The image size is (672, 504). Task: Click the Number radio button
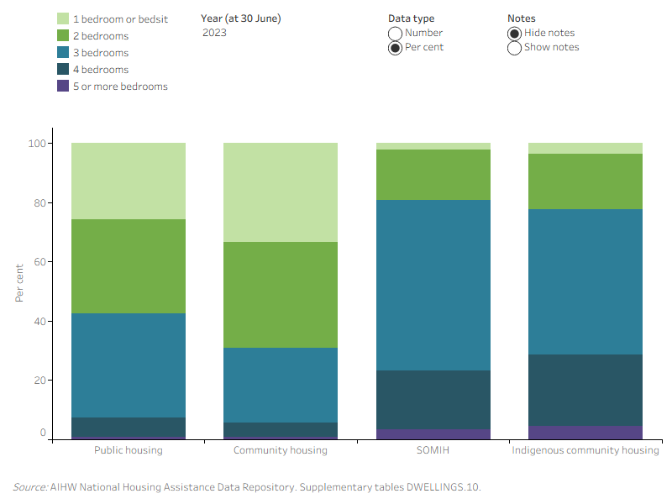point(395,34)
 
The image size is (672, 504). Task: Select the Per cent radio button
point(395,48)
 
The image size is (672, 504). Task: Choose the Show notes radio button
point(514,48)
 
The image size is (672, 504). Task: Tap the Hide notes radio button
point(514,34)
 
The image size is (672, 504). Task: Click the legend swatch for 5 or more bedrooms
point(63,86)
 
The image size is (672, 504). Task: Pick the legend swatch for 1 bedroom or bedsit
point(63,18)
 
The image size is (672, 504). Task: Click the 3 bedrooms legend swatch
point(63,52)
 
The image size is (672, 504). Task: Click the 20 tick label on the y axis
point(39,381)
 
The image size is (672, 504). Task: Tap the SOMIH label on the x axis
point(433,450)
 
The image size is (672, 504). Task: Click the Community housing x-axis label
point(281,450)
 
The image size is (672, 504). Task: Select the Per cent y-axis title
point(19,283)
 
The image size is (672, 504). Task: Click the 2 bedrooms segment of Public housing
point(129,266)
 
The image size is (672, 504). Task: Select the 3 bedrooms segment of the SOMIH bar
point(433,285)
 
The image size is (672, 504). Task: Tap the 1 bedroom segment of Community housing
point(281,192)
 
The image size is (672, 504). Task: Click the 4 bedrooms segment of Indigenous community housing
point(585,390)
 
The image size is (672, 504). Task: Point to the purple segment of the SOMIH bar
point(433,434)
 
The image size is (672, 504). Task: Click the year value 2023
point(214,33)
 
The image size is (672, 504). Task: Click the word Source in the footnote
point(30,487)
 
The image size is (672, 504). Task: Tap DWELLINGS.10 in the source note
point(444,487)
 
